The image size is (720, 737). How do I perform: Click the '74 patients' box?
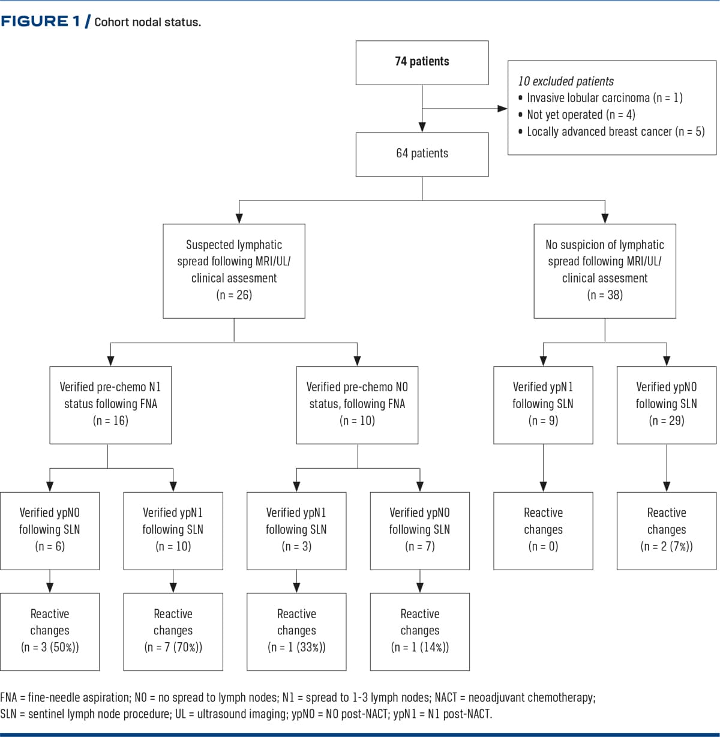coord(422,62)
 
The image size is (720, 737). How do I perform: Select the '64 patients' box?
coord(422,154)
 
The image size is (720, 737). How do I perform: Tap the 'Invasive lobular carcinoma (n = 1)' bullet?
coord(601,98)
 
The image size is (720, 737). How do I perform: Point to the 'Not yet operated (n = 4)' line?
coord(577,115)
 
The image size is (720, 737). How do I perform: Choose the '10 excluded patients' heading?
coord(566,81)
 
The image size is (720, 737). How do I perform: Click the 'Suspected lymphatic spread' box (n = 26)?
coord(234,271)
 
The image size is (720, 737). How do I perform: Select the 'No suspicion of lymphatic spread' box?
coord(605,271)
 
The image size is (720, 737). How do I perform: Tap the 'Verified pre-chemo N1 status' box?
coord(110,405)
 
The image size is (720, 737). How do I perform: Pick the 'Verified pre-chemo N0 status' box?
coord(357,405)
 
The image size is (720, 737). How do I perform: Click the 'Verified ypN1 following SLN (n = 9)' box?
coord(543,405)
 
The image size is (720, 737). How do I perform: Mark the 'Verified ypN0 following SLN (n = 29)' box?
coord(666,405)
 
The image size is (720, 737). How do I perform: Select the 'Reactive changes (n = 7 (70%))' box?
coord(173,632)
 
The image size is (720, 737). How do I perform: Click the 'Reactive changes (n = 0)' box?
coord(543,531)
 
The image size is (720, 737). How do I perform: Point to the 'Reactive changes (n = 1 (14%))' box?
coord(420,632)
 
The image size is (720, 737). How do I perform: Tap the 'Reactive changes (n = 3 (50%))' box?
coord(50,632)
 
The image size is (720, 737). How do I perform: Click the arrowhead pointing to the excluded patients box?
coord(502,109)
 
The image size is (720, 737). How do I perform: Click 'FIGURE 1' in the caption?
coord(41,21)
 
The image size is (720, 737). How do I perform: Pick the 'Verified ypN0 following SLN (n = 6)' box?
coord(50,531)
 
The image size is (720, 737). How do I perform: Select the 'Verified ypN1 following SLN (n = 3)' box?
coord(296,531)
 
